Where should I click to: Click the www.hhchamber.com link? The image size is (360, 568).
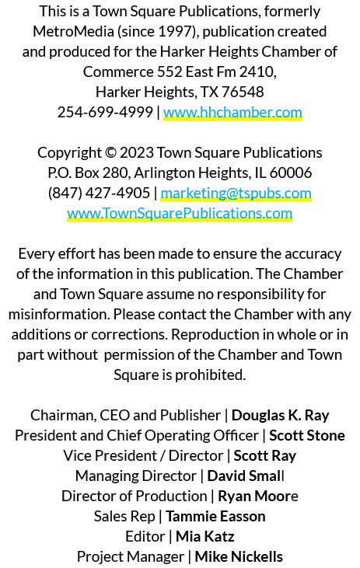point(232,113)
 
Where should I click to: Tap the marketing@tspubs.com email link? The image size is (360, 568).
point(236,193)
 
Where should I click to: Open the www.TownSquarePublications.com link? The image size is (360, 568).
point(180,214)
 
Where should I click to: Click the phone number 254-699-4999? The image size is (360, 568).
point(105,113)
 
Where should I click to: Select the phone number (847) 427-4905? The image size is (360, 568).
point(99,193)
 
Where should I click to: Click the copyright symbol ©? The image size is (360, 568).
point(110,153)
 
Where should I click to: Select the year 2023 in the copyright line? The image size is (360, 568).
point(137,153)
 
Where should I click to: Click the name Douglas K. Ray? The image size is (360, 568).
point(280,415)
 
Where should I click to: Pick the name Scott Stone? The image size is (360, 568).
point(306,435)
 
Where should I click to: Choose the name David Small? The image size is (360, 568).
point(246,476)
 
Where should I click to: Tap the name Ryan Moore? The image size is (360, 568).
point(258,497)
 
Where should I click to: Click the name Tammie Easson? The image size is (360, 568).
point(215,517)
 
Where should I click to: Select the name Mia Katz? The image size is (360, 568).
point(204,536)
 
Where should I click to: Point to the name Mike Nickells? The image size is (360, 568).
point(239,557)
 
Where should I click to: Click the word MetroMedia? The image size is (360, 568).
point(74,32)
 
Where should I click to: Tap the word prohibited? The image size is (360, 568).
point(210,375)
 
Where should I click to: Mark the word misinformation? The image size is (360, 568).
point(59,314)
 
